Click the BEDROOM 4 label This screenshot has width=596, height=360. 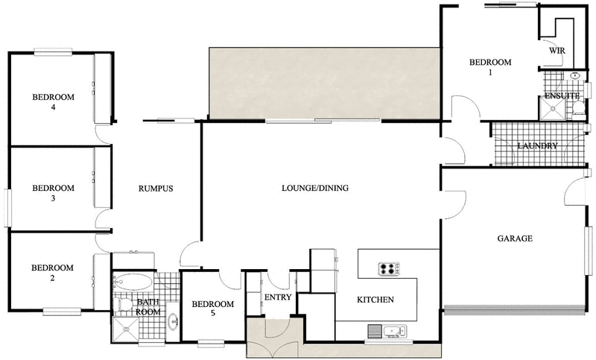pos(52,102)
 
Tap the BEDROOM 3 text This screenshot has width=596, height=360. pos(52,193)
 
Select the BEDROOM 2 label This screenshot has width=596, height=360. pos(52,273)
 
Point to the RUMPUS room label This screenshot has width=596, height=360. pos(156,189)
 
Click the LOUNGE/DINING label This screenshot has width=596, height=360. pos(315,188)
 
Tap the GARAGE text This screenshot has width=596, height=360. pos(514,239)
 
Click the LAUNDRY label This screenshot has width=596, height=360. pos(536,146)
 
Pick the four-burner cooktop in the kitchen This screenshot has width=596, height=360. pos(389,268)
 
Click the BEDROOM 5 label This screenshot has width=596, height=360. pos(213,309)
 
